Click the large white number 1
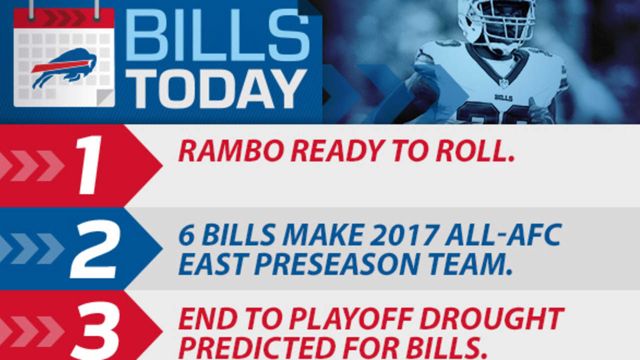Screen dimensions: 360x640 tap(89, 165)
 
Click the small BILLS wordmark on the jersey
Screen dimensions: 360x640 tap(503, 97)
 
